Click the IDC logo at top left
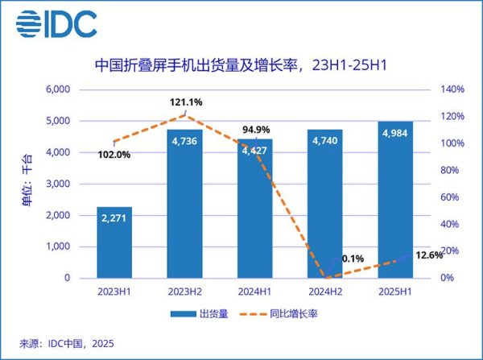point(57,24)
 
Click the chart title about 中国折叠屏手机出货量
point(242,64)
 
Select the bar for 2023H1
point(114,242)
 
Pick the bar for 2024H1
point(255,209)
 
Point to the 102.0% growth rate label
point(113,155)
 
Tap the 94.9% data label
point(256,130)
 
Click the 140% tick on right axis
point(452,89)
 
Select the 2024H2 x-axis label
point(326,292)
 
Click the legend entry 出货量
point(200,315)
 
